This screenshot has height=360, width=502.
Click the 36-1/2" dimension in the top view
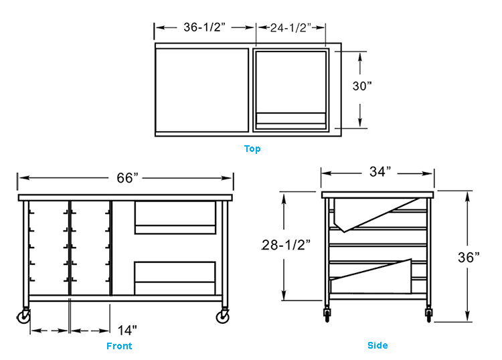point(204,27)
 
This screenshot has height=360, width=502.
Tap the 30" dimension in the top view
point(362,86)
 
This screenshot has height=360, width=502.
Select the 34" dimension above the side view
point(380,172)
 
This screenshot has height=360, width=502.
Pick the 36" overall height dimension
point(469,257)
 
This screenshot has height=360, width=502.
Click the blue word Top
point(252,149)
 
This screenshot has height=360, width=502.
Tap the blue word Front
point(119,346)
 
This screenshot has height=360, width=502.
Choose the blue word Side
point(378,345)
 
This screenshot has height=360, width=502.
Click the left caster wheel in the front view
point(24,317)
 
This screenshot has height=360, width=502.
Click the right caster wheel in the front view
point(222,317)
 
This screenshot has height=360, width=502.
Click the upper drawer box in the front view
point(175,218)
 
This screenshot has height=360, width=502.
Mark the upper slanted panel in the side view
point(375,213)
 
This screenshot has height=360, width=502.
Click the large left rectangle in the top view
point(203,89)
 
